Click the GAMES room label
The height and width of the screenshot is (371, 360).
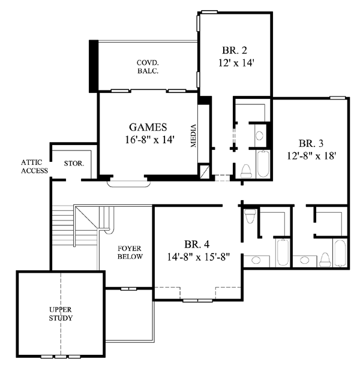tap(148, 127)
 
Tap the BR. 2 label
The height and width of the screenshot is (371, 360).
tap(235, 50)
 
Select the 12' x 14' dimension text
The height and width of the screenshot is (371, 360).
tap(236, 63)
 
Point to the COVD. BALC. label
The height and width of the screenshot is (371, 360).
tap(148, 67)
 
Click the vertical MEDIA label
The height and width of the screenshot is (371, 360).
tap(193, 135)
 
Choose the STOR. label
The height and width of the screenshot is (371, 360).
tap(74, 164)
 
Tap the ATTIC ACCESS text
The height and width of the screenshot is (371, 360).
tap(34, 167)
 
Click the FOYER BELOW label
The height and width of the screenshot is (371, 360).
tap(130, 252)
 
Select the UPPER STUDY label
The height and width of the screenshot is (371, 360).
tap(61, 313)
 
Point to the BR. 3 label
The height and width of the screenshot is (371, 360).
tap(311, 143)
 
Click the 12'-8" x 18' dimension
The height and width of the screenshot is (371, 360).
tap(311, 156)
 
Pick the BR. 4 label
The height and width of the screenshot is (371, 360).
tap(197, 244)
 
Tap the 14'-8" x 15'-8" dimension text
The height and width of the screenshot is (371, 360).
tap(199, 257)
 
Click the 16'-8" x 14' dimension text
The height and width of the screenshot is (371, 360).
tap(149, 140)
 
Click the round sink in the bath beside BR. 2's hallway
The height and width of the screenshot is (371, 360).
tap(260, 136)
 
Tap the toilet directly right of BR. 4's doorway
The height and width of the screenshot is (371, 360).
tap(250, 215)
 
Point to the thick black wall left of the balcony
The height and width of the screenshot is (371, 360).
tap(94, 66)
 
